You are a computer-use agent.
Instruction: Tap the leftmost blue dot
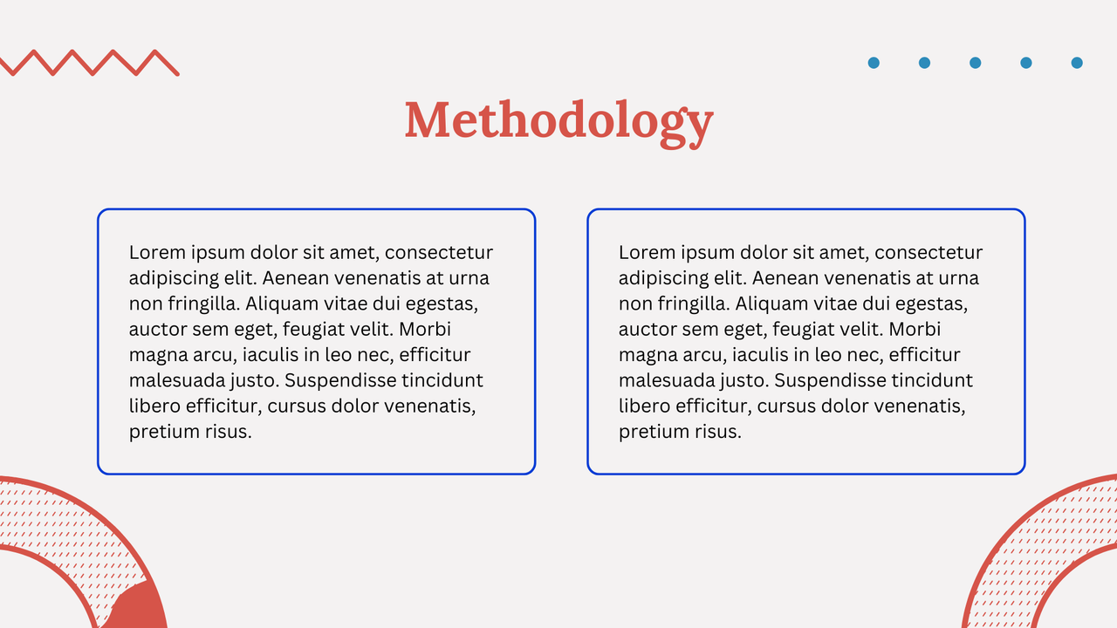(874, 63)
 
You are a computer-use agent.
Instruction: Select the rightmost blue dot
(1077, 63)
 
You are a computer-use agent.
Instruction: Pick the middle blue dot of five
(976, 63)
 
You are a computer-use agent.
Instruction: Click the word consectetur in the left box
(439, 253)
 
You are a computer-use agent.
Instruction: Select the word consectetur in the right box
(929, 253)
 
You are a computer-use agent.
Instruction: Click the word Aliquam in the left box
(279, 304)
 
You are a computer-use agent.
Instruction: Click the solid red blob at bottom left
(140, 609)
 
